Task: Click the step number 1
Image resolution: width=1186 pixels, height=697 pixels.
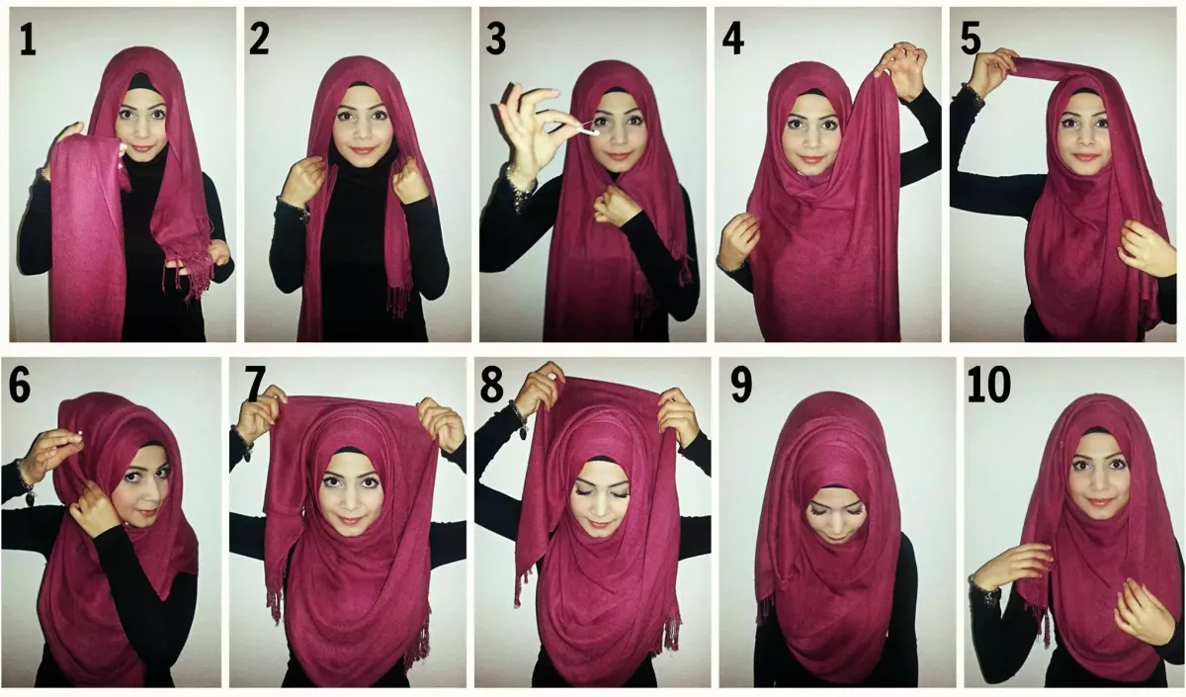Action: (28, 41)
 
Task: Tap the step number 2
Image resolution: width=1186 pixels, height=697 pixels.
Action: (259, 40)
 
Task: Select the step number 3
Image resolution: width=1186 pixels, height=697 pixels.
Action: (495, 40)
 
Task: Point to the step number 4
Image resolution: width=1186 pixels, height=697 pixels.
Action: (733, 40)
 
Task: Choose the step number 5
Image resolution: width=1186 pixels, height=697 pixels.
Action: (970, 40)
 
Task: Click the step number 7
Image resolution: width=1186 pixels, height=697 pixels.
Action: (255, 385)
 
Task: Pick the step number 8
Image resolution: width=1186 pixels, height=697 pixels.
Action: (491, 385)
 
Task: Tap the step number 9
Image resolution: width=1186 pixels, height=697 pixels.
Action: (741, 385)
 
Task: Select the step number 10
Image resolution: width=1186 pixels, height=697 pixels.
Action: (989, 385)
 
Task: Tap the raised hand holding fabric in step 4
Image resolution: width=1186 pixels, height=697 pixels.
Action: (903, 69)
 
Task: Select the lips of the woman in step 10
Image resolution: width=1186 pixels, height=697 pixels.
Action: (1097, 501)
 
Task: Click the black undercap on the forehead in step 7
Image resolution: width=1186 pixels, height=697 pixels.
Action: (347, 452)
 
